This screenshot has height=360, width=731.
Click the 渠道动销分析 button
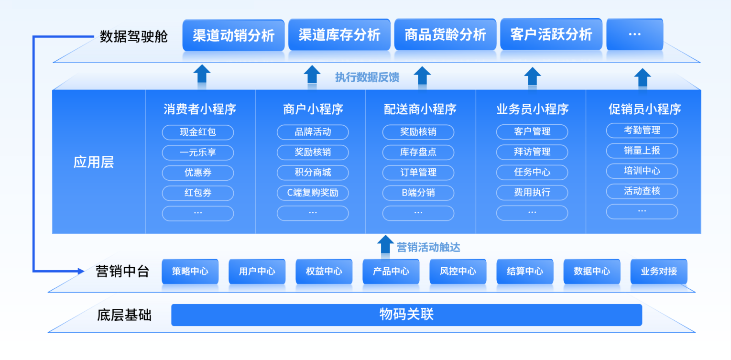233,35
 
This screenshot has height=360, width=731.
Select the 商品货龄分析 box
445,34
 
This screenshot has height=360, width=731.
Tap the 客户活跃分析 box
551,34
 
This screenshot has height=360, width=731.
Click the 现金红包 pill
198,132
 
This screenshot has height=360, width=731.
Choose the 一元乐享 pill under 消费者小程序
198,153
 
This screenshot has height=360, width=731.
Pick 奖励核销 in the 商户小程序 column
313,152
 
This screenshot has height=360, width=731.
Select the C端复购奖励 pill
313,193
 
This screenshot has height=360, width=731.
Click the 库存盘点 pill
418,152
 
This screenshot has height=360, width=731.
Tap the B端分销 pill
418,193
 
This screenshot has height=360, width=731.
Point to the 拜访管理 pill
532,152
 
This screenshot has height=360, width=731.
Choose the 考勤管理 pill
642,130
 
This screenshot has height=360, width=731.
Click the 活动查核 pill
642,191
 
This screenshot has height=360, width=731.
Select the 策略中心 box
190,271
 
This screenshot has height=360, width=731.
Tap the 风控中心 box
458,271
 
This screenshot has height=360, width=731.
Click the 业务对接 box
659,271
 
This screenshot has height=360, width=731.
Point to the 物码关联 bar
407,315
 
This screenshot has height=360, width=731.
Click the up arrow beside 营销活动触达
385,244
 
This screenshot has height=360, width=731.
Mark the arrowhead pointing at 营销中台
81,271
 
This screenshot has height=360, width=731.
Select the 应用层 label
94,162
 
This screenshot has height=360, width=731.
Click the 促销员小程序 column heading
644,109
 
